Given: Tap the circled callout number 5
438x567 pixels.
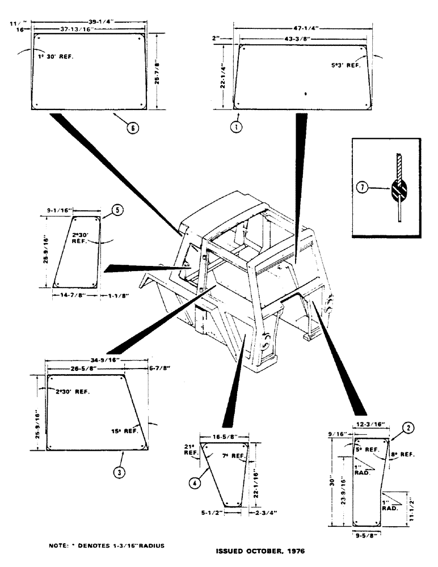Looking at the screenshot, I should tap(116, 209).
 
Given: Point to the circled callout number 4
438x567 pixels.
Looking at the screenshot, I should tap(195, 483).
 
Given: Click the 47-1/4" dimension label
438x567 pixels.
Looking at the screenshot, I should tap(305, 26).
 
